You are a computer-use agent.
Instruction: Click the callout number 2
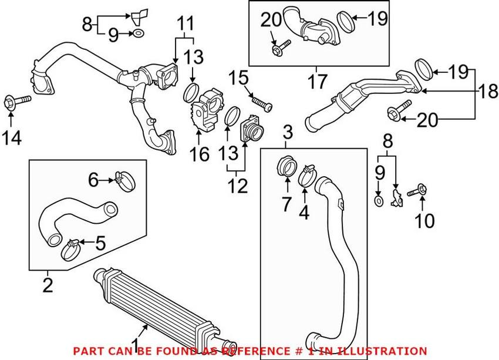48,285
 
